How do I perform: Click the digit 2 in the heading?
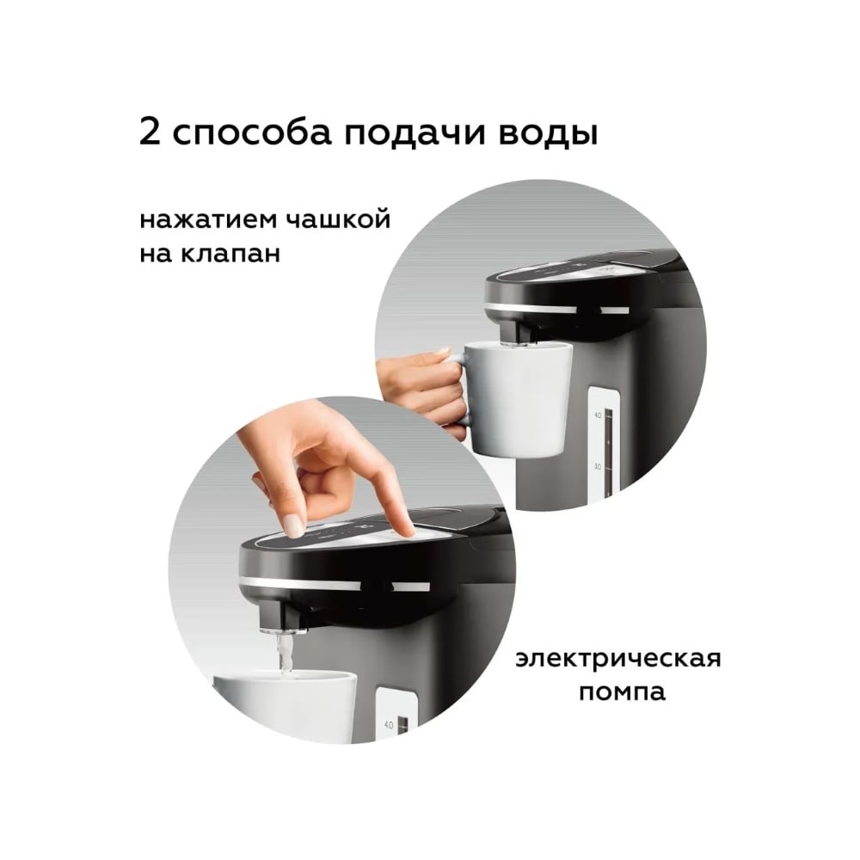150,132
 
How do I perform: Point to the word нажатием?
207,220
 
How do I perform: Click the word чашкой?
338,218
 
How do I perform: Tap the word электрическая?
618,660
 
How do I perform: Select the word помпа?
622,692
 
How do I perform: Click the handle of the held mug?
459,388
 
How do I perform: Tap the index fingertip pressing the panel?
407,529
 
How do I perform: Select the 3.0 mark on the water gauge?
598,467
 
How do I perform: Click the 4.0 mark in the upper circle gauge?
598,415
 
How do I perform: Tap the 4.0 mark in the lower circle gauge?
389,725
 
